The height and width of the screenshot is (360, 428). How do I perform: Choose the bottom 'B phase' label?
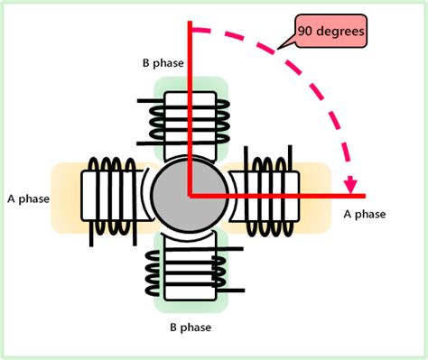tap(191, 328)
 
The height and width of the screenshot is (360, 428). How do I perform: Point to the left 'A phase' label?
tap(27, 198)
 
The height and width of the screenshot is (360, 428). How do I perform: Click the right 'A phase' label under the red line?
tap(365, 214)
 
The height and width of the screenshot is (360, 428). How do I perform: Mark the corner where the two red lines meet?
tap(190, 194)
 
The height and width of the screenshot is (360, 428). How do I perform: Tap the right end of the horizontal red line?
tap(363, 194)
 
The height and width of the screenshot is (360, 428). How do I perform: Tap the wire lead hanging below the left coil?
tap(89, 235)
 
